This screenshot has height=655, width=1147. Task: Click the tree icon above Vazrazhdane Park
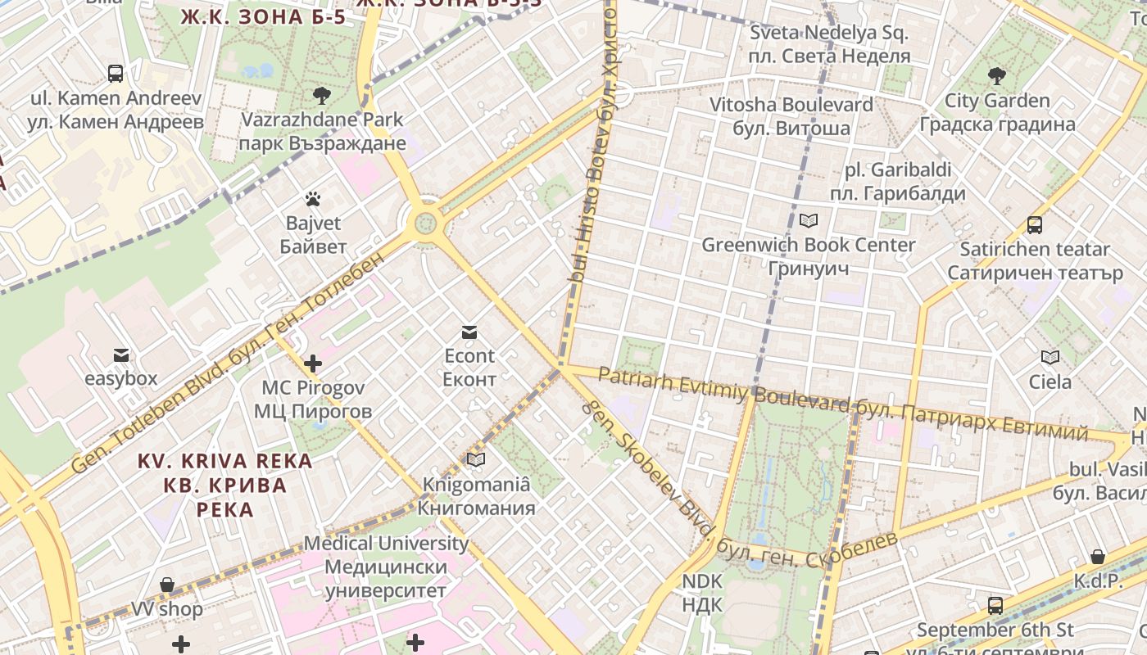click(x=322, y=95)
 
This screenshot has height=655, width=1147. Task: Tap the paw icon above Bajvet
click(x=312, y=199)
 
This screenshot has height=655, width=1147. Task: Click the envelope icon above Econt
click(x=469, y=332)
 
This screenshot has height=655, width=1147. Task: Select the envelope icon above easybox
click(x=121, y=355)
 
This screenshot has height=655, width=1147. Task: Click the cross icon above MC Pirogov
click(x=312, y=363)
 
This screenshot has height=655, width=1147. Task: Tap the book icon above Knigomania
click(x=476, y=460)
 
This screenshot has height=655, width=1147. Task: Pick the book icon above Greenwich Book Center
click(x=809, y=220)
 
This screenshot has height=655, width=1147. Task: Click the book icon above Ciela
click(x=1050, y=357)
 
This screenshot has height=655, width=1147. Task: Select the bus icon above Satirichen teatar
click(x=1034, y=224)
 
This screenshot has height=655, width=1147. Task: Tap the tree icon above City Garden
click(x=997, y=77)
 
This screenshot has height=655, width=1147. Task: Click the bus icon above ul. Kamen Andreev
click(x=116, y=74)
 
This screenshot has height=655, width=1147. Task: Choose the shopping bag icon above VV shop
click(x=167, y=585)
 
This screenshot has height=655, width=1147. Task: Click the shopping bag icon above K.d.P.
click(x=1098, y=558)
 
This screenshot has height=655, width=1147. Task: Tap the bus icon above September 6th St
click(x=995, y=606)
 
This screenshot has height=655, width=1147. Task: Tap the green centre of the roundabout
click(x=425, y=222)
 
